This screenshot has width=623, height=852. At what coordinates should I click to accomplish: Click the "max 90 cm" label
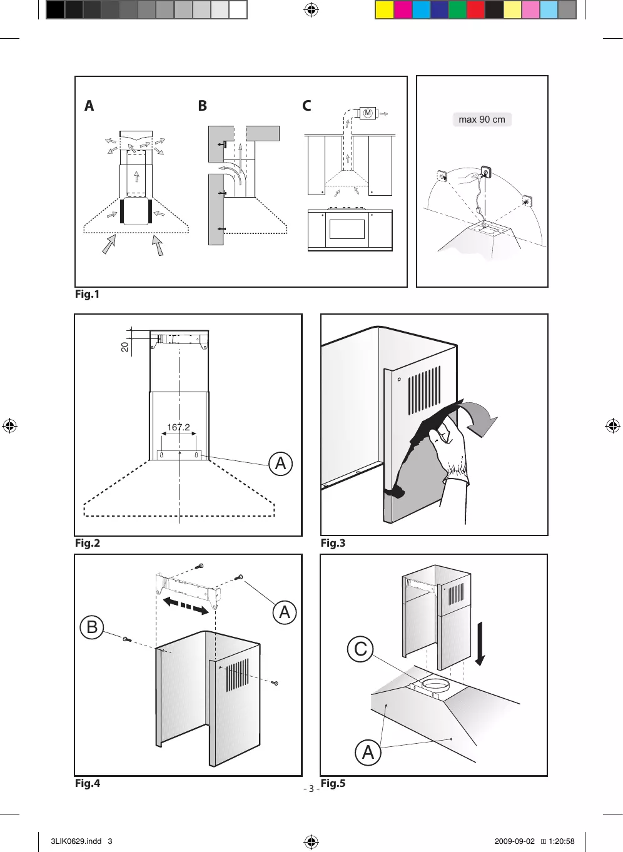click(x=482, y=119)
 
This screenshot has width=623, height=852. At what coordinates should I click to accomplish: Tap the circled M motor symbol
click(x=368, y=113)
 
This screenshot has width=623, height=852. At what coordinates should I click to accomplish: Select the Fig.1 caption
click(x=88, y=294)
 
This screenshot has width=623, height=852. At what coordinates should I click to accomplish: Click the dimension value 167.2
click(x=178, y=427)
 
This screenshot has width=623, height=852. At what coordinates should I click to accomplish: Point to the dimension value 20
click(x=125, y=346)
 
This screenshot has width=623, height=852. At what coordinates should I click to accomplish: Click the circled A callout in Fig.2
click(x=280, y=464)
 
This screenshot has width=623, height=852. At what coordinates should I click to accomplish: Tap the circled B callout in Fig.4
click(x=92, y=627)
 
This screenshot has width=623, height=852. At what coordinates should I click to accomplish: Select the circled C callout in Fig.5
click(x=360, y=649)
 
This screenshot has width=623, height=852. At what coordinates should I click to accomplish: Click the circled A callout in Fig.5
click(x=368, y=752)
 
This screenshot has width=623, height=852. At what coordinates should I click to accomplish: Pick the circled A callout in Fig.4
click(x=285, y=612)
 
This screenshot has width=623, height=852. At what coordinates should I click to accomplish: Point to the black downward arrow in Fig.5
click(x=480, y=644)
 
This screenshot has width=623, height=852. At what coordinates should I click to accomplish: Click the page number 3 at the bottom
click(x=311, y=788)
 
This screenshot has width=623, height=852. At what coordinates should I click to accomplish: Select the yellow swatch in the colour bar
click(x=384, y=10)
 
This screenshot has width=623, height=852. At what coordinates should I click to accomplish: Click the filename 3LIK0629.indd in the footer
click(x=76, y=841)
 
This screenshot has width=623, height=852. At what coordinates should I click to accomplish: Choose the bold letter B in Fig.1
click(x=202, y=106)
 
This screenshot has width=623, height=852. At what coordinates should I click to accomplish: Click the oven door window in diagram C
click(x=347, y=229)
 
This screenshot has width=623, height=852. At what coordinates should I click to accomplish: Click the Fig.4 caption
click(x=88, y=783)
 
